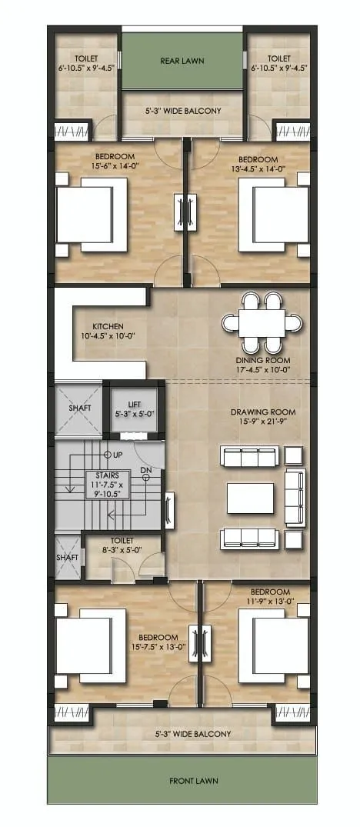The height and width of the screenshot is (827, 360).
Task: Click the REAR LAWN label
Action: [x=182, y=62]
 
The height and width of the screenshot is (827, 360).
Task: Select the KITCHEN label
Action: [x=108, y=326]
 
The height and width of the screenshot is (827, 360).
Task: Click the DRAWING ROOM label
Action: [x=262, y=412]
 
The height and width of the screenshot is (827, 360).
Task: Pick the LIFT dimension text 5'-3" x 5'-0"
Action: [x=134, y=414]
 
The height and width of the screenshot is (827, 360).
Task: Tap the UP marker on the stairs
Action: [x=114, y=455]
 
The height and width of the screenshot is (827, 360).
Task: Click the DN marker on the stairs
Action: [x=146, y=470]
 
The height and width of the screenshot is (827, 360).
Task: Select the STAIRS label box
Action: [x=104, y=484]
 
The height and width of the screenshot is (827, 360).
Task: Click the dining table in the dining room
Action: [x=262, y=323]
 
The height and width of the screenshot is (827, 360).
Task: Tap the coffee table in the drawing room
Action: [x=250, y=498]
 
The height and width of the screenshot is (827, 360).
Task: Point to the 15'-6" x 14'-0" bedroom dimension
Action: [x=115, y=165]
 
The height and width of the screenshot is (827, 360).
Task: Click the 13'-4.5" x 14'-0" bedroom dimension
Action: [x=258, y=168]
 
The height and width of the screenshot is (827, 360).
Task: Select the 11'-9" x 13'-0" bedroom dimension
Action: [x=270, y=600]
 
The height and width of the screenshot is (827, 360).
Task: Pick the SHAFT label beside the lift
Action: [x=79, y=408]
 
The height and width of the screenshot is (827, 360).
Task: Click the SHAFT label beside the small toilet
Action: [x=68, y=557]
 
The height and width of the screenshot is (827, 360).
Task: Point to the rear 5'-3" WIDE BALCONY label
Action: [x=183, y=112]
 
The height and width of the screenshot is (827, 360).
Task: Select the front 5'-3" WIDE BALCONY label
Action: [x=193, y=734]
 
